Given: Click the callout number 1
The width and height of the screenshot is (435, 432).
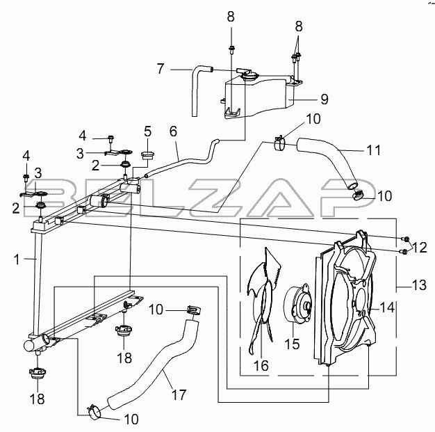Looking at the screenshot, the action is pos(17,259).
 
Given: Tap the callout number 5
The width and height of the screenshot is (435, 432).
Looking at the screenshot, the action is pos(147,131).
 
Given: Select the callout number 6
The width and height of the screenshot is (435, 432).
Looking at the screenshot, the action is pos(173,131).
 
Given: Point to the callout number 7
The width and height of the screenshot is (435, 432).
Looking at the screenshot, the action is pos(161,69).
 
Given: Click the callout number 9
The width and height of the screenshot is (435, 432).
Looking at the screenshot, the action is pos(325,99).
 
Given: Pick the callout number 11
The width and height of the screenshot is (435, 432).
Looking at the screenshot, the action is pos(373,150).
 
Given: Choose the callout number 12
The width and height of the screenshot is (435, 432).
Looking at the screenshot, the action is pos(420,247).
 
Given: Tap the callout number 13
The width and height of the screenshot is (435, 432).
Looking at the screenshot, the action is pos(419,285).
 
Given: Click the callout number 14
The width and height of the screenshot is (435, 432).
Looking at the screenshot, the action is pos(387,307).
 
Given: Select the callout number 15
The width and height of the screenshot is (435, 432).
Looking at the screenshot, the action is pos(292,344).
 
